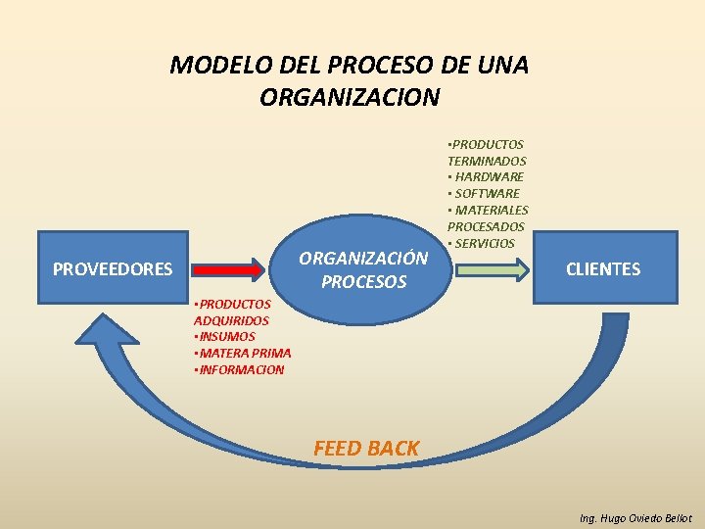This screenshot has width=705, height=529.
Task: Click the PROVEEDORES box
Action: click(x=113, y=268)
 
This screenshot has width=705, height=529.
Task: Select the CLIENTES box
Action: click(x=603, y=268)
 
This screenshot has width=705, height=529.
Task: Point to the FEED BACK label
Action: click(x=365, y=449)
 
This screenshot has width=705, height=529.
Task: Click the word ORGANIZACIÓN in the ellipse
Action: click(x=363, y=259)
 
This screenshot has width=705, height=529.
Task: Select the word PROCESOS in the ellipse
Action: click(x=363, y=282)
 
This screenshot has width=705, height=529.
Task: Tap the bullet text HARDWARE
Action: click(x=489, y=176)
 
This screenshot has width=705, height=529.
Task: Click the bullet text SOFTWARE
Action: click(x=487, y=193)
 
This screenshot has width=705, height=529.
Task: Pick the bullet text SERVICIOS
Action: click(x=484, y=243)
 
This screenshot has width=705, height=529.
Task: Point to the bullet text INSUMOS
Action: click(x=227, y=336)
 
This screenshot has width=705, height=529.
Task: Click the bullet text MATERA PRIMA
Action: click(x=245, y=353)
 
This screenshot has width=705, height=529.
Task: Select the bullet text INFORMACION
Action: click(x=241, y=369)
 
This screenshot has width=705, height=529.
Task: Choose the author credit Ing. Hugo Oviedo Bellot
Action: click(x=635, y=518)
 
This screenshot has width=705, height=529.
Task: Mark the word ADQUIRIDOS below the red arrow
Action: click(x=231, y=320)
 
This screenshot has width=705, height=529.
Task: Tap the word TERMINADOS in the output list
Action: click(x=487, y=161)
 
